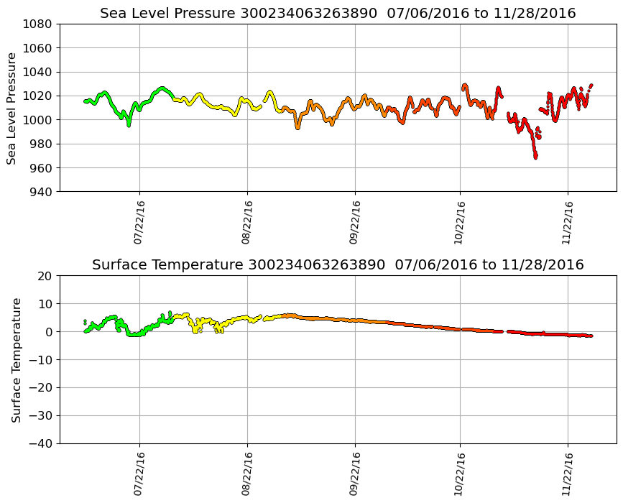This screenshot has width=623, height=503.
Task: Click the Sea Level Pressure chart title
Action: click(338, 13)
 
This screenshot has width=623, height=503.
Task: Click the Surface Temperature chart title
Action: click(338, 265)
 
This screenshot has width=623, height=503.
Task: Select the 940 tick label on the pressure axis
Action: click(40, 192)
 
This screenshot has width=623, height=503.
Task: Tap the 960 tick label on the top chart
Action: click(40, 167)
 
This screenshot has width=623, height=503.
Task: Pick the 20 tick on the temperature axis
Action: click(45, 276)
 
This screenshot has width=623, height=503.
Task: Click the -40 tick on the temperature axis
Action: click(40, 443)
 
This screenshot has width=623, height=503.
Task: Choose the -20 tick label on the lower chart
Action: click(40, 388)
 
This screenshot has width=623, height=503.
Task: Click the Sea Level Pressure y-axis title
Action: click(12, 108)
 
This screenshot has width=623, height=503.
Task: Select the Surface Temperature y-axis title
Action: click(16, 359)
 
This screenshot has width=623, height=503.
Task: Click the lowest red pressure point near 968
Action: click(535, 157)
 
